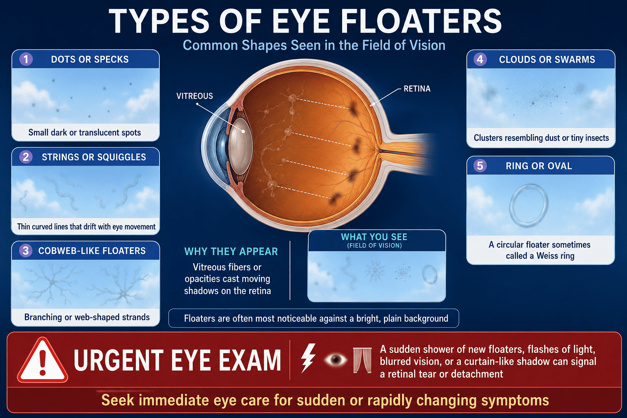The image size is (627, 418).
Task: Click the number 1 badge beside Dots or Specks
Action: point(26,59)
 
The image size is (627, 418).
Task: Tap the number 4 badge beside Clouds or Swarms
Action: point(480,59)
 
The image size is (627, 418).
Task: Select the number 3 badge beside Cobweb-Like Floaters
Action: point(26,251)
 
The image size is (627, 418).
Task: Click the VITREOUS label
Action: point(195,96)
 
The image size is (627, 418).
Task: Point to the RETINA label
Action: point(417,89)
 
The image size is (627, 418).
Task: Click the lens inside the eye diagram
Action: point(241,147)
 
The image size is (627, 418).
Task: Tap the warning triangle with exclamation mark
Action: point(42,360)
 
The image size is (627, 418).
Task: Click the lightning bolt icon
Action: point(308,358)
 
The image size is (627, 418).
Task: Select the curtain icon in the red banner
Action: point(362,360)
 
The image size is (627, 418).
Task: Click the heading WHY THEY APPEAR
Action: point(231,251)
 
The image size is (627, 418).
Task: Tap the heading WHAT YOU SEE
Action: point(374,237)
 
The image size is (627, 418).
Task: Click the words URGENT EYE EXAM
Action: point(177,360)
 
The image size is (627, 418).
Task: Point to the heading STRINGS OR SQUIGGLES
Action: point(94,157)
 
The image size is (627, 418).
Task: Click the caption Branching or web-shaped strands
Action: point(87,317)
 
